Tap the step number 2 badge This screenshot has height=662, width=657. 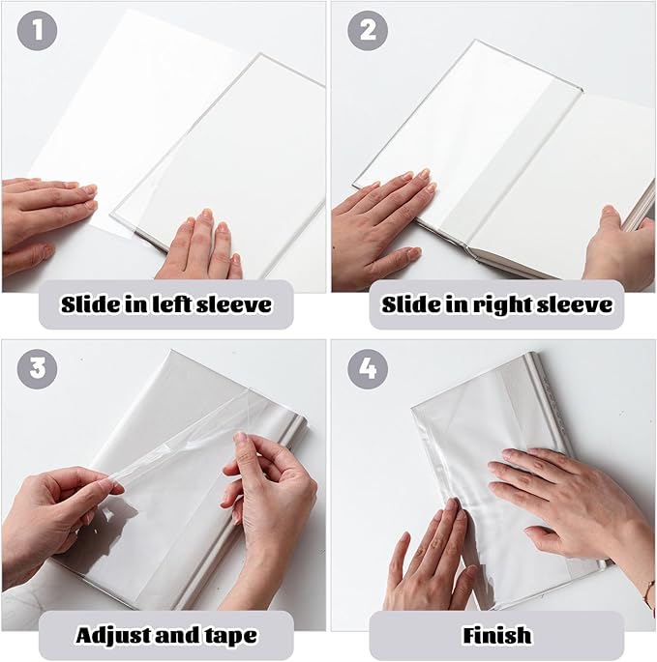368,31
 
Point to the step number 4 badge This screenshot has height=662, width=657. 368,369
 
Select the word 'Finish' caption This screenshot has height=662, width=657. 496,635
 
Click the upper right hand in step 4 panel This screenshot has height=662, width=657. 561,493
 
